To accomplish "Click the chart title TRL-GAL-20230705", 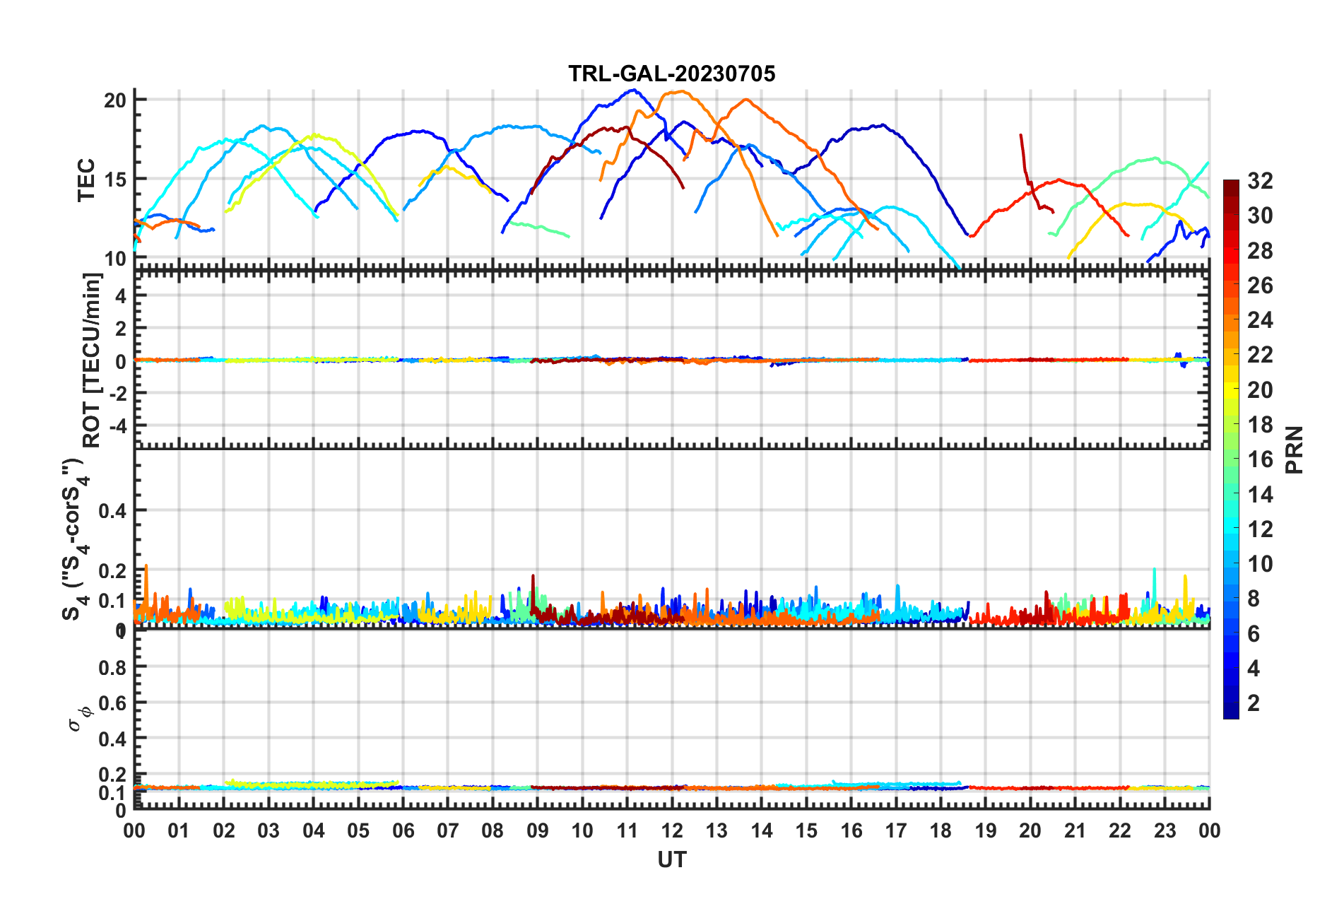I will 671,74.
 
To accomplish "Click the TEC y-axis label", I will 86,180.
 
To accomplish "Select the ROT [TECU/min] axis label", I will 92,360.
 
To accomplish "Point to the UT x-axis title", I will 671,859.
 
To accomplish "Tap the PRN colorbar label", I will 1295,450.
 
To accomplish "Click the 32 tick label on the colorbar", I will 1260,181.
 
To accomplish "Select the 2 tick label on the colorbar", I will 1254,703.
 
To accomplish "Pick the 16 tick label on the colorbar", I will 1260,459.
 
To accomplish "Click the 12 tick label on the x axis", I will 671,830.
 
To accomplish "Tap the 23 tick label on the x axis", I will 1165,830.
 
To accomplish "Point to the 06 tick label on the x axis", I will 403,830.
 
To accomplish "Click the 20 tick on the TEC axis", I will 114,100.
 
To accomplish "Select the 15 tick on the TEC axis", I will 114,180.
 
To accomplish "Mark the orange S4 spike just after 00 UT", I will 146,566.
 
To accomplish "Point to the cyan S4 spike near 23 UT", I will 1154,569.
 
